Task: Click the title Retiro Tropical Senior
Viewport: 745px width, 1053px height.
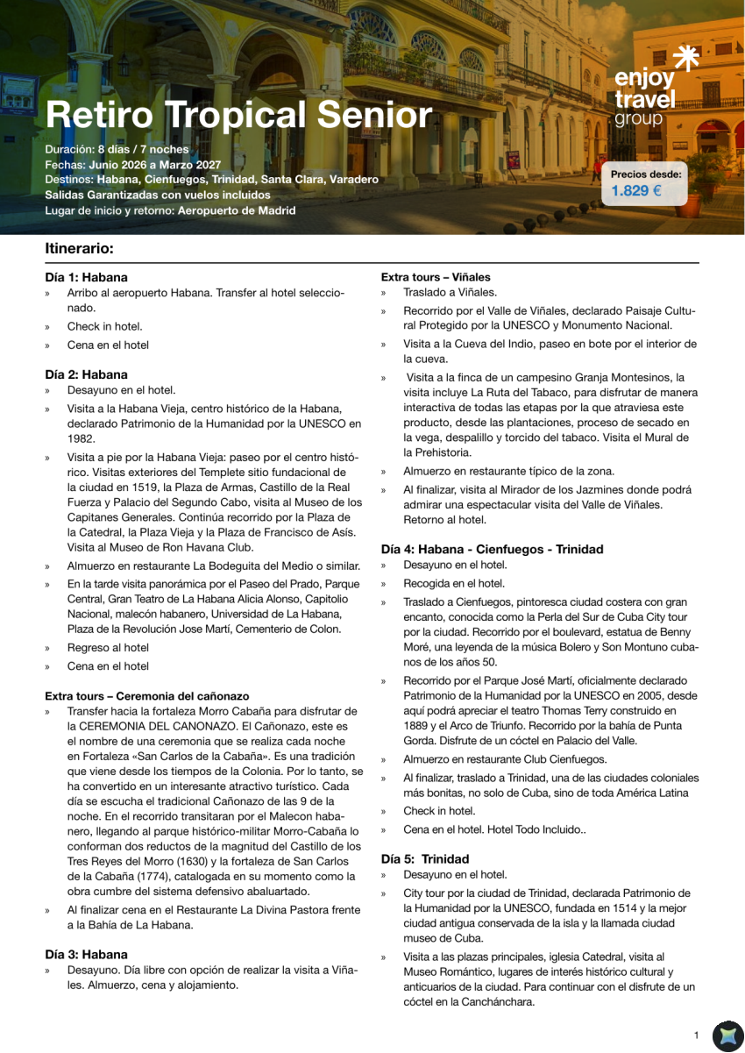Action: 238,116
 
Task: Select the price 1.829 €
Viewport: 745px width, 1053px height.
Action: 636,190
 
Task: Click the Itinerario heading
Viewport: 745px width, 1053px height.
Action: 79,248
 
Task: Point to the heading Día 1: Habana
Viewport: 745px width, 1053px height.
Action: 86,277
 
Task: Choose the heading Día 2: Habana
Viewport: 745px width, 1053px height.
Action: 86,374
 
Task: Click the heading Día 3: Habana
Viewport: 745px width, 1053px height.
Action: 86,954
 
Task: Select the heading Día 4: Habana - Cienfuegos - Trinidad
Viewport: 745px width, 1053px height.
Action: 492,549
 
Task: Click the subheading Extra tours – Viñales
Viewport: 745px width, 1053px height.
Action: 436,277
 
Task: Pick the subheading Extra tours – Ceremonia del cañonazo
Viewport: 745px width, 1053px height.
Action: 147,696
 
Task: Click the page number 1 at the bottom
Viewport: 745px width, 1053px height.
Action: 696,1035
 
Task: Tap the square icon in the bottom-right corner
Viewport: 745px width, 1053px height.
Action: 727,1035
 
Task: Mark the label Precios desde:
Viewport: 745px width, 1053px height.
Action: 646,174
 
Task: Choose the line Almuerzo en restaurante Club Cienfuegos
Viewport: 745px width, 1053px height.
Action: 505,759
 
